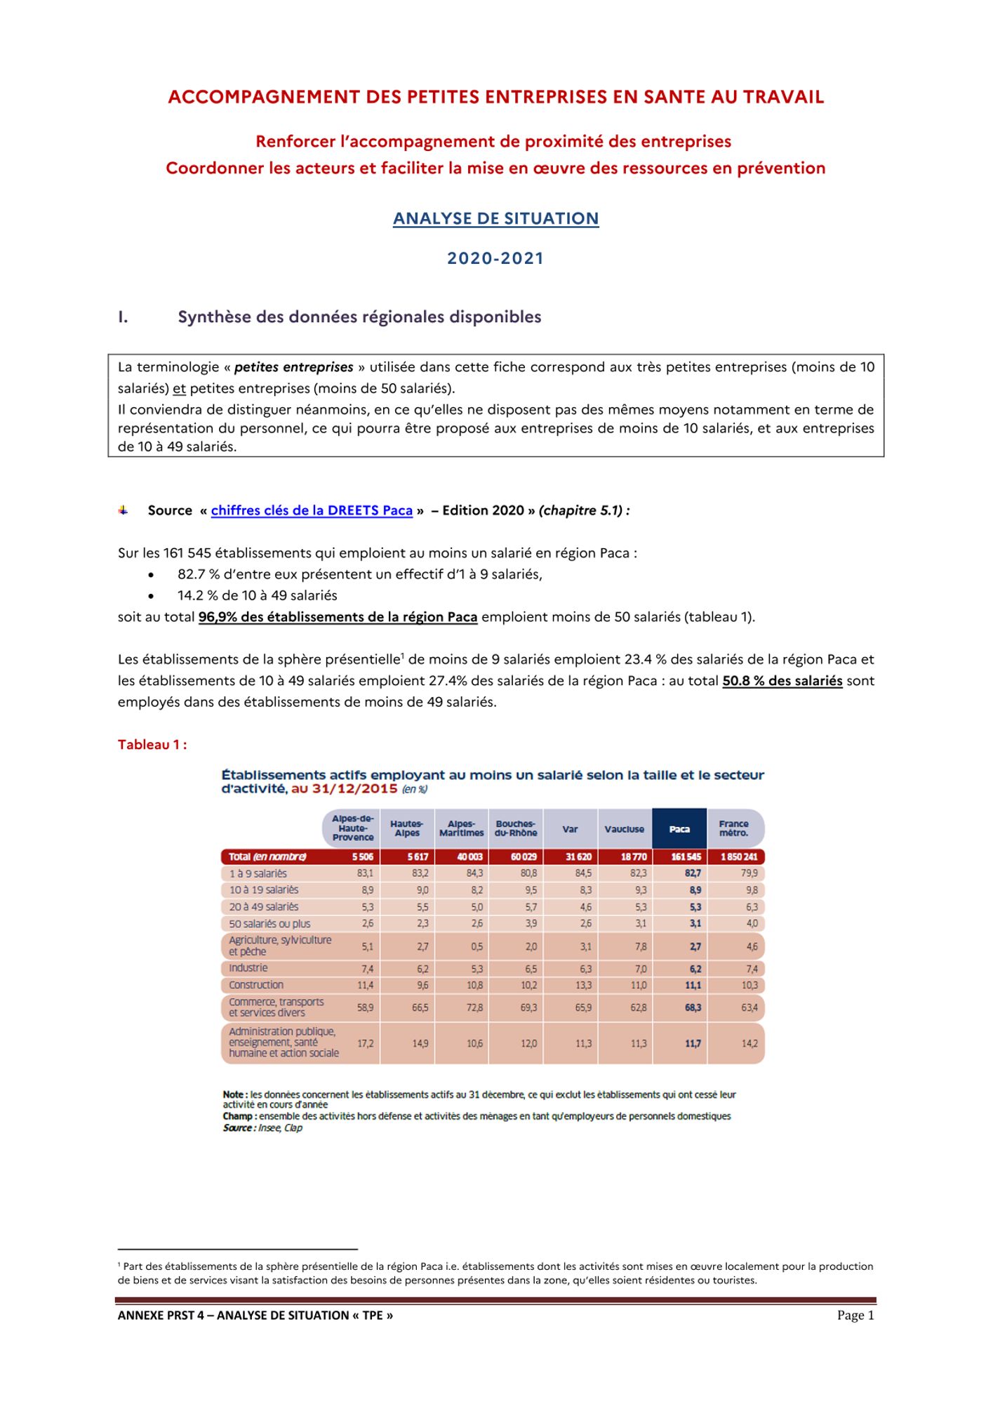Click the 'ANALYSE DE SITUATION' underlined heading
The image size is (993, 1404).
495,218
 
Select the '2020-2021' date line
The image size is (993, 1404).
495,258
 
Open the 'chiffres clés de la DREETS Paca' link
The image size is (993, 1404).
312,510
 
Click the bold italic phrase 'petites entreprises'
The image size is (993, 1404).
293,367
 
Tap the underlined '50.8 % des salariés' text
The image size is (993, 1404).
782,681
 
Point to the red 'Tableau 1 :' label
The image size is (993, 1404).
152,745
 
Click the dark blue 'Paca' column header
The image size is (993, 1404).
679,829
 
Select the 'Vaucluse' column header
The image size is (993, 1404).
624,829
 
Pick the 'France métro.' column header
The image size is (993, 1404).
733,828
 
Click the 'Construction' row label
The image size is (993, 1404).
256,985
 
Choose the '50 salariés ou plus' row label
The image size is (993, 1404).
269,924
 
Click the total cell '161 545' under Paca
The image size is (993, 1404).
686,857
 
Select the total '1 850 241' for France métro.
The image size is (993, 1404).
739,857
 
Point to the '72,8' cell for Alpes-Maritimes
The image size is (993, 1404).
474,1007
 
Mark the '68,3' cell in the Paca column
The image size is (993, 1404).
693,1007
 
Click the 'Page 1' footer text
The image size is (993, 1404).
855,1316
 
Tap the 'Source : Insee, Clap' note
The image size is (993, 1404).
262,1128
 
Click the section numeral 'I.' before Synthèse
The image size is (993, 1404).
124,317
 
